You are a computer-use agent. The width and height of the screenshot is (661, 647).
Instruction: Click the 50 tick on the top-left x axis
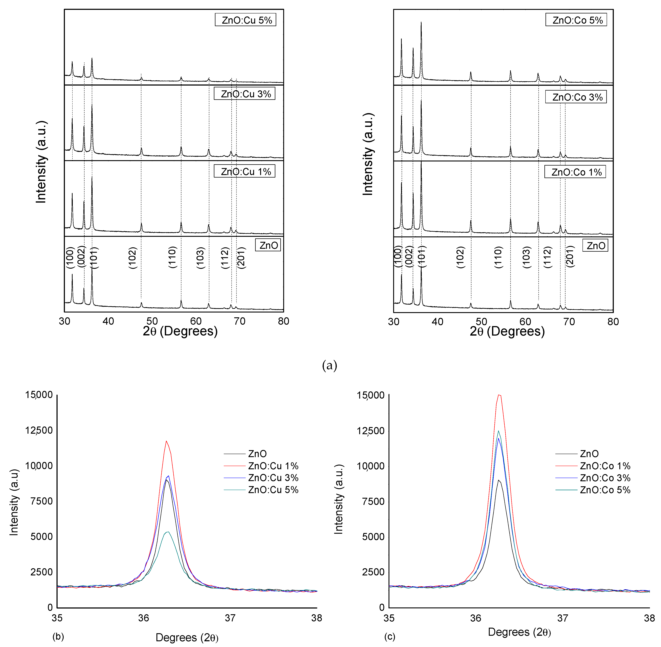pyautogui.click(x=152, y=321)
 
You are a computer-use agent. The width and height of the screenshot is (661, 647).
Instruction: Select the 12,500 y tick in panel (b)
pyautogui.click(x=39, y=430)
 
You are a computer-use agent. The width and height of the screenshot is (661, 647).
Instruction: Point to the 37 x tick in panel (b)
pyautogui.click(x=230, y=618)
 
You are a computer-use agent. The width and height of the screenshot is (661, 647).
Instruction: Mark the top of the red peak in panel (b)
pyautogui.click(x=166, y=441)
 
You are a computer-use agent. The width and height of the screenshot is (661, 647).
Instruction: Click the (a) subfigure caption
pyautogui.click(x=329, y=366)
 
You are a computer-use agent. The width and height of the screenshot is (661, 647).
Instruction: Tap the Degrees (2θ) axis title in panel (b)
pyautogui.click(x=187, y=638)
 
